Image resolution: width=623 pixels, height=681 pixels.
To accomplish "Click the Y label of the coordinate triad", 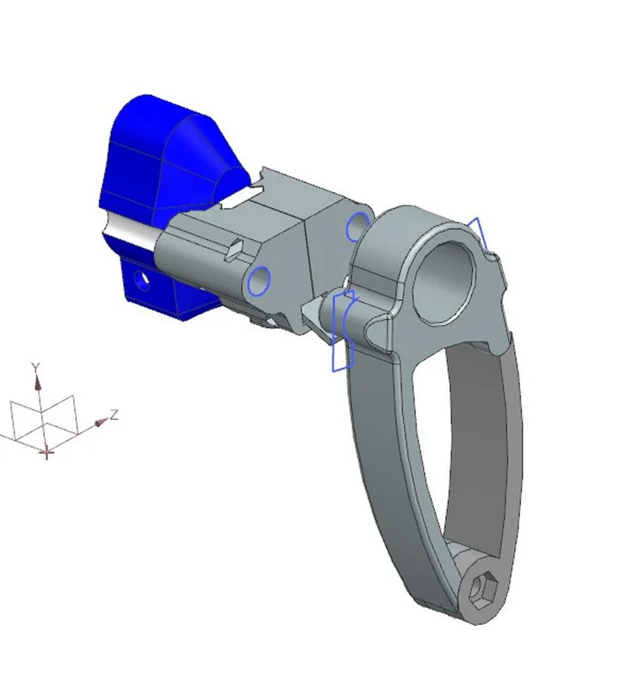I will click(35, 366).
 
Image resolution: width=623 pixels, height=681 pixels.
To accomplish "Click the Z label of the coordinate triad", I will click(114, 414).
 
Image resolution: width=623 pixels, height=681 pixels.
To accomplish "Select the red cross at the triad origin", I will click(47, 453).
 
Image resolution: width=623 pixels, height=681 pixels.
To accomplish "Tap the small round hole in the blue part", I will click(143, 280).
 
